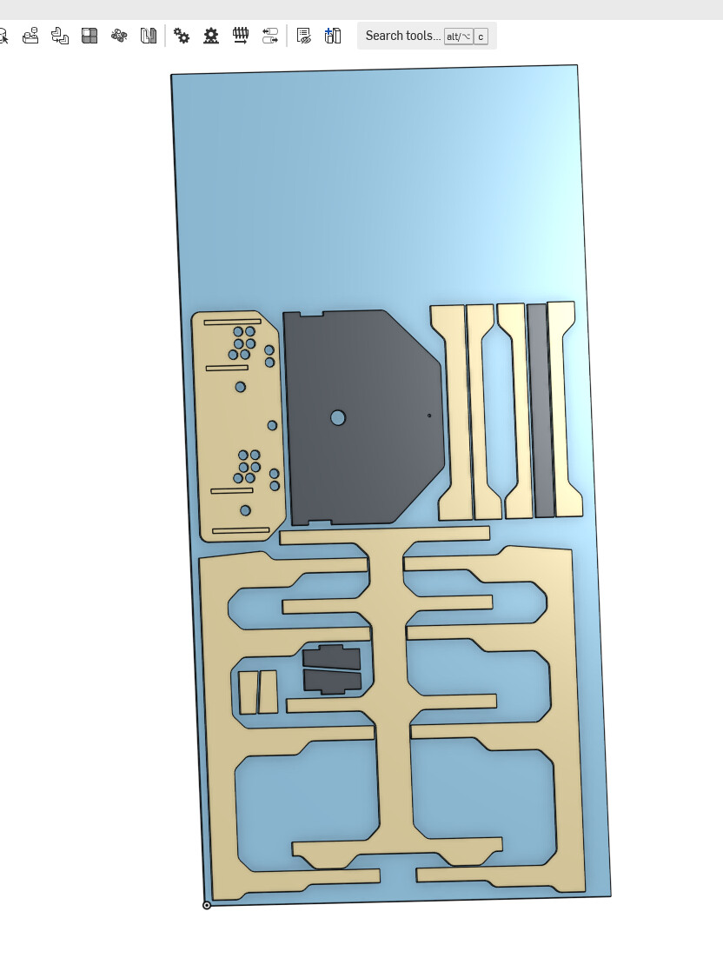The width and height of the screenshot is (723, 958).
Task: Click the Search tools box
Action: coord(427,36)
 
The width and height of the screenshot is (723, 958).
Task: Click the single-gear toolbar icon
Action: coord(211,36)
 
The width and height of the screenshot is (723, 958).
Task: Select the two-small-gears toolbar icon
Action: coord(182,36)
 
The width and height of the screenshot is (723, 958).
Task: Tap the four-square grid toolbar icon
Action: coord(90,36)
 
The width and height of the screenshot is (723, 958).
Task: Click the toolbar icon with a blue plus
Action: coord(333,36)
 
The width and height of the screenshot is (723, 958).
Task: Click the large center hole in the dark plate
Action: coord(338,418)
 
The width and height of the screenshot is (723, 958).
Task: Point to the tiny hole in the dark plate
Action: coord(429,416)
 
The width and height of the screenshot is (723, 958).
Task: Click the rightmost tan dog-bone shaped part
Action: coord(565,409)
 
